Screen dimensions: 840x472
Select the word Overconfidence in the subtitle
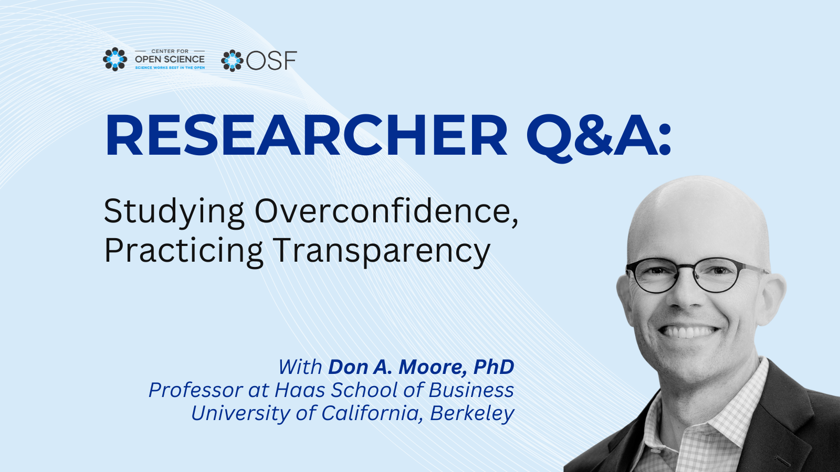tap(386, 212)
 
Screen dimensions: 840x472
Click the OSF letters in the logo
tap(271, 61)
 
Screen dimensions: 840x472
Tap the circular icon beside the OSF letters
tap(232, 61)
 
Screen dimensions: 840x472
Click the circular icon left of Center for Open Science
tap(115, 59)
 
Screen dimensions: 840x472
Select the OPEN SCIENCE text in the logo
tap(170, 59)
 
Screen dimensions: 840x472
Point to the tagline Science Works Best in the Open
tap(170, 68)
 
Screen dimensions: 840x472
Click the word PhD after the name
tap(493, 367)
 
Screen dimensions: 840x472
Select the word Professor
tap(196, 390)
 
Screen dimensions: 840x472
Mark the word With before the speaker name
tap(300, 367)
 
